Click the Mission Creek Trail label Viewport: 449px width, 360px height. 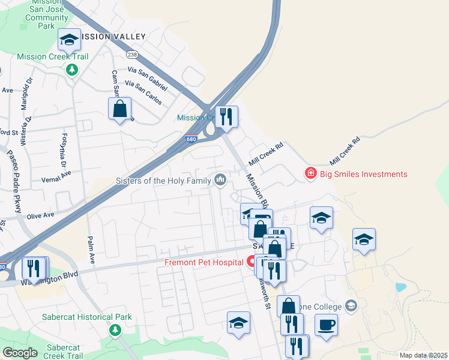(x=53, y=57)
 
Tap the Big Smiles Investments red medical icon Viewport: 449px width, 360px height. (x=311, y=174)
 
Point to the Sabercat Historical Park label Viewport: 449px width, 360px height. (x=79, y=317)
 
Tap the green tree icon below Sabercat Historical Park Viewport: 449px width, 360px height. (x=115, y=329)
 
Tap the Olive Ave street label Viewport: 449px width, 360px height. (x=40, y=215)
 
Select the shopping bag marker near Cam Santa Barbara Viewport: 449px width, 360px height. (x=120, y=109)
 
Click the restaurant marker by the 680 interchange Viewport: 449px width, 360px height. (x=226, y=116)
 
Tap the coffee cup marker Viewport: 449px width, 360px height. (x=326, y=325)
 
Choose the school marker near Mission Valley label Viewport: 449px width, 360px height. (x=70, y=40)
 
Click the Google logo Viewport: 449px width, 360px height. (x=19, y=353)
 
